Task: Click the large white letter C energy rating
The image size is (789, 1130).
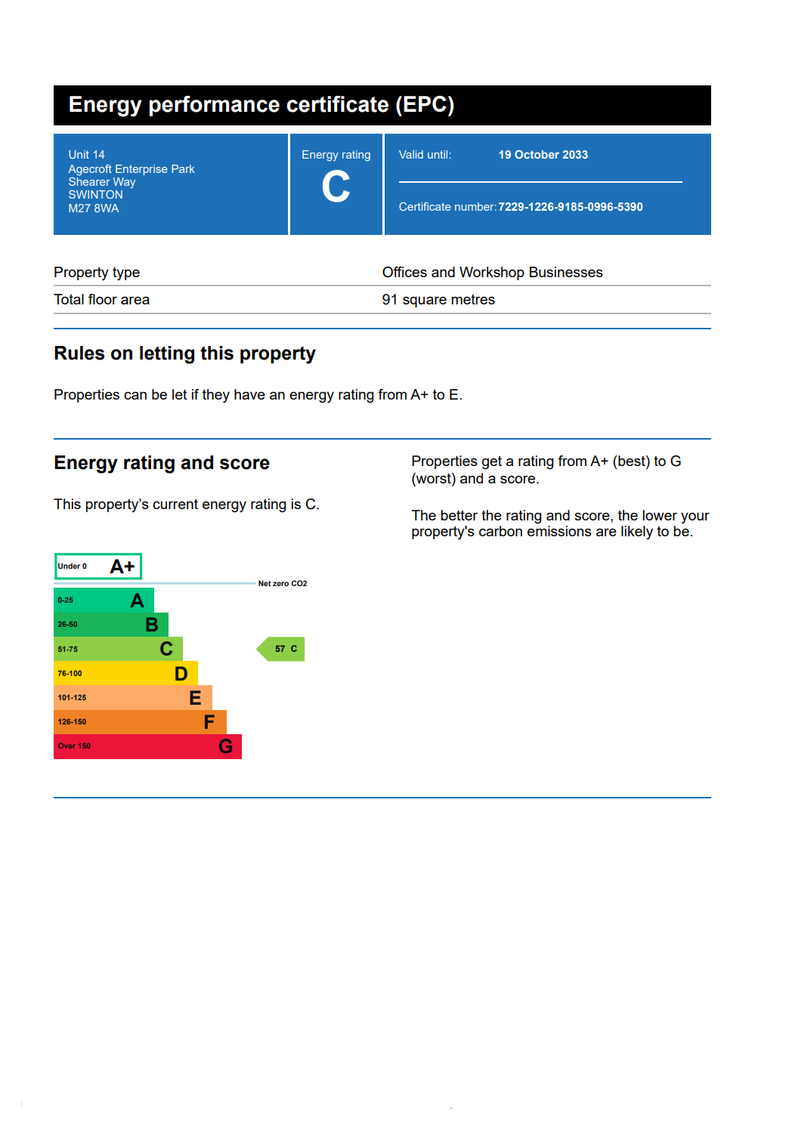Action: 336,187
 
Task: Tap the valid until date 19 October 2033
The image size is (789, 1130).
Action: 543,155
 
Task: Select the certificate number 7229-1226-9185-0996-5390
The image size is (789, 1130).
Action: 571,207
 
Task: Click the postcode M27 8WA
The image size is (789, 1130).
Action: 94,208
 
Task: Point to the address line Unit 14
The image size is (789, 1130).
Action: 87,155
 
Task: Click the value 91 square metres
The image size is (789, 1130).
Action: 438,300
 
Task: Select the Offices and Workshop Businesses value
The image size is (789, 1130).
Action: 492,273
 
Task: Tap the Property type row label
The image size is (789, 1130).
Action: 97,273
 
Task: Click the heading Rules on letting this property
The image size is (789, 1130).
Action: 184,354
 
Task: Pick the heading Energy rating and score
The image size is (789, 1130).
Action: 162,463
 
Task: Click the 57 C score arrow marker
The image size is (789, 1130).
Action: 283,649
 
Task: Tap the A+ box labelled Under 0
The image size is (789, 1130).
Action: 98,567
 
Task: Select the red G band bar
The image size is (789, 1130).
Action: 147,746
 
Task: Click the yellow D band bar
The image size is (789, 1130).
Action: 125,673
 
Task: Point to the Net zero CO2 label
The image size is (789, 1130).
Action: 283,584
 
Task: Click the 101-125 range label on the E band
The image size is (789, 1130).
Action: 73,698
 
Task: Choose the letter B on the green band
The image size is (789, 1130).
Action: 152,625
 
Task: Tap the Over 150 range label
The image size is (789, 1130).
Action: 74,746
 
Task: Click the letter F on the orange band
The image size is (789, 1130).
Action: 209,722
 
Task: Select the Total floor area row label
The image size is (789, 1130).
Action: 102,300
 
